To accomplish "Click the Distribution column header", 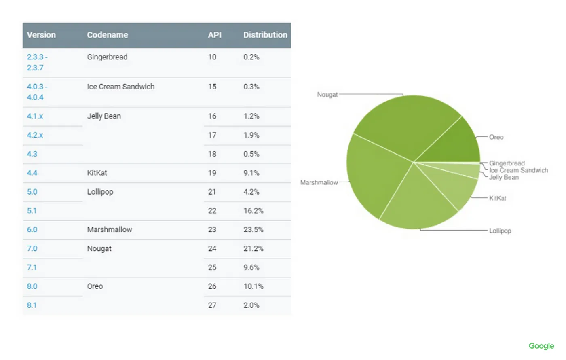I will click(x=265, y=35).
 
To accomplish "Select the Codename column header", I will click(x=107, y=35).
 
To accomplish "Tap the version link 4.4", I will click(x=32, y=173).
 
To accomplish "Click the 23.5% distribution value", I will click(x=253, y=229).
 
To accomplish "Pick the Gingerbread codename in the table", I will click(x=107, y=57).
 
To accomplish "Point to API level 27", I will click(x=212, y=305).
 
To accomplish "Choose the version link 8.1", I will click(x=32, y=305).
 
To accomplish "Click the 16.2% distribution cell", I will click(x=253, y=210).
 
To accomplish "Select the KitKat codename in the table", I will click(x=97, y=173).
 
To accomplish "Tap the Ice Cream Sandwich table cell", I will click(x=120, y=87).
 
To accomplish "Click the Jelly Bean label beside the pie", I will click(x=504, y=177).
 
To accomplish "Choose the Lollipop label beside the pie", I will click(x=500, y=231).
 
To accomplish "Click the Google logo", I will click(x=541, y=346).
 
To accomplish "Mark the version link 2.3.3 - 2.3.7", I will click(x=36, y=62).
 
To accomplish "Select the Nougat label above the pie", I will click(x=327, y=95).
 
